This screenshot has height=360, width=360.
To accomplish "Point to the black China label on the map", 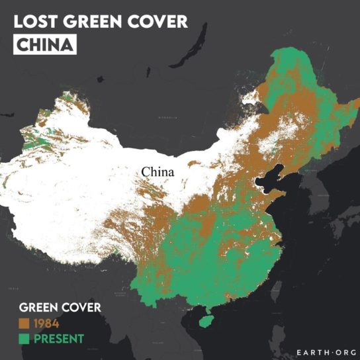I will (x=157, y=172).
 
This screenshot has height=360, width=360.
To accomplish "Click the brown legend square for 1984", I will (x=24, y=324).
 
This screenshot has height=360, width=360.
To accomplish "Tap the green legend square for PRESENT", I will (x=24, y=339).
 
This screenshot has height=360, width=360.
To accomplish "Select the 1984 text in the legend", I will (x=46, y=324).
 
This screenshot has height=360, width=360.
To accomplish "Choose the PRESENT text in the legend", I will (x=58, y=339).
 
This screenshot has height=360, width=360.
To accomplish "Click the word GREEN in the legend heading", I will (x=39, y=308).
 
